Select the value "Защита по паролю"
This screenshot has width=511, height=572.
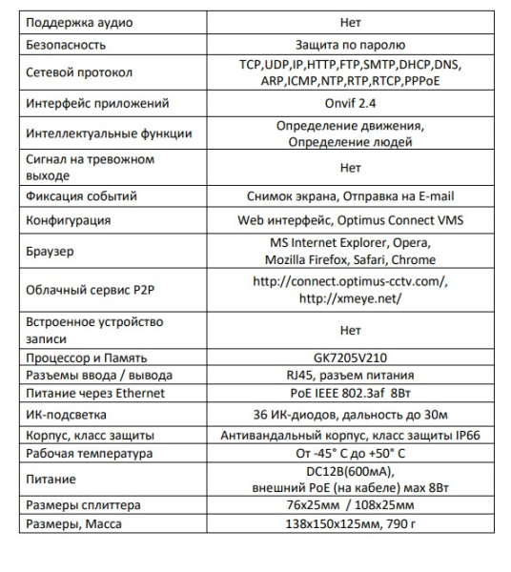pos(350,44)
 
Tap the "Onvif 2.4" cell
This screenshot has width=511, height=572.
pos(350,103)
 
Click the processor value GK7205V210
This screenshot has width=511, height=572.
pos(350,358)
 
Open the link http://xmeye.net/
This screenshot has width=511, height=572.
pos(350,298)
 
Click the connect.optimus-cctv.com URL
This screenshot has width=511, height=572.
pos(350,282)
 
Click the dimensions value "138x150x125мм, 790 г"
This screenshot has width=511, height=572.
pos(350,523)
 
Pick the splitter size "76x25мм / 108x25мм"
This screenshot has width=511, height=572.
pos(350,504)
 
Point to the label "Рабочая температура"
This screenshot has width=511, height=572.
pos(86,453)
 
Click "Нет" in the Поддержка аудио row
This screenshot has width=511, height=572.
pos(350,21)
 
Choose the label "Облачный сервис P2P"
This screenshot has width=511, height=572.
pos(85,290)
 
